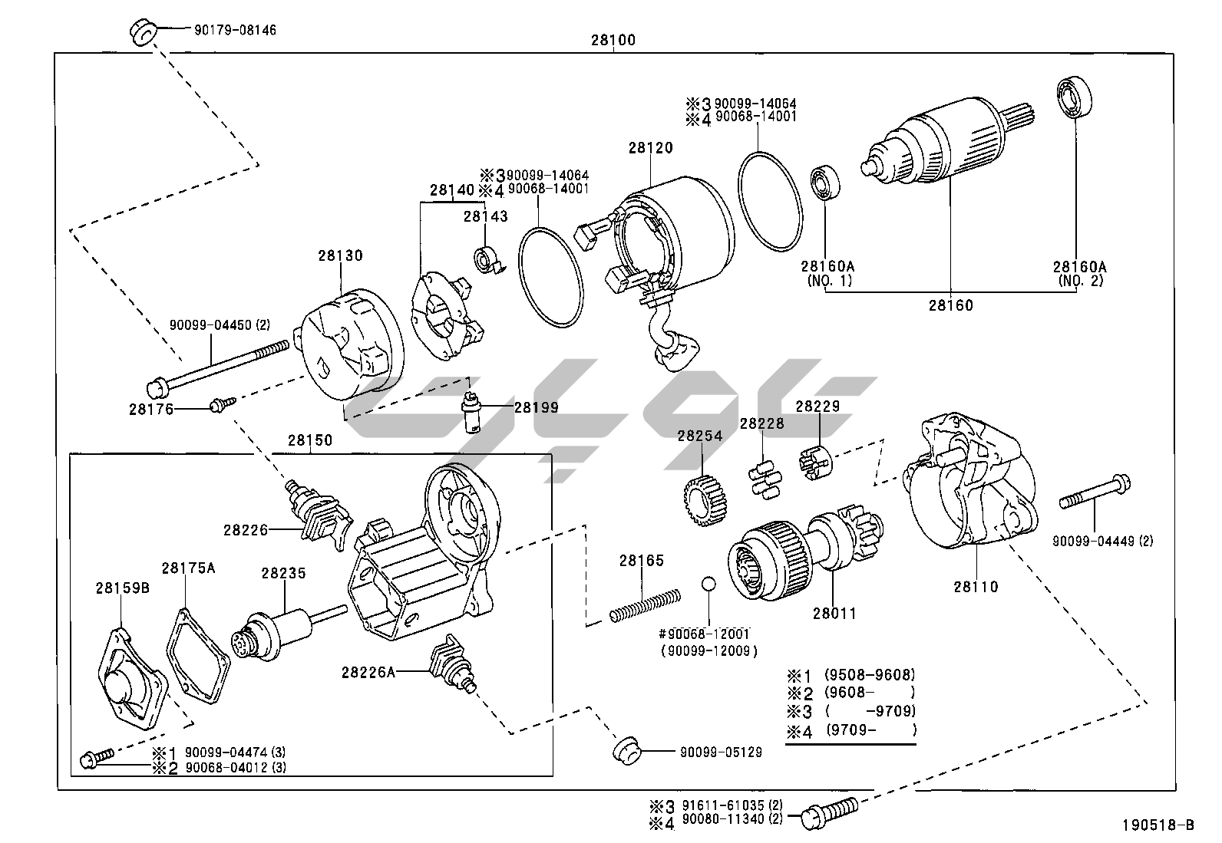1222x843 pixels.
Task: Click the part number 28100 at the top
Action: (x=613, y=41)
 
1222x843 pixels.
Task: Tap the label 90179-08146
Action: (x=225, y=31)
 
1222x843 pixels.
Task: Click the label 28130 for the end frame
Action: (x=341, y=255)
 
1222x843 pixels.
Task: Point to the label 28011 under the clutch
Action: (x=834, y=613)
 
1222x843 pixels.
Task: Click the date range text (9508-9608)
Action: (x=870, y=675)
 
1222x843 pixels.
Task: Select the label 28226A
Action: (x=368, y=672)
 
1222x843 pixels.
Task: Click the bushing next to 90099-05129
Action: (x=627, y=749)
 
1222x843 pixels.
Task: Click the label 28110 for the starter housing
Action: (x=976, y=587)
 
